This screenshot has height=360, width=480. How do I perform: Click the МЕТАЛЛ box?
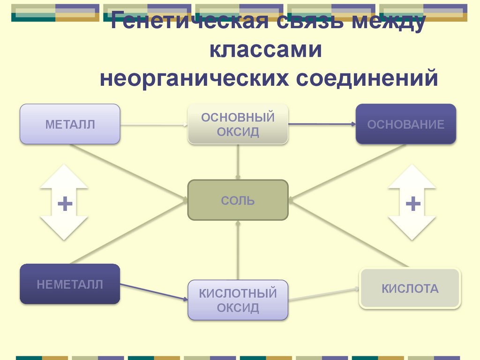click(70, 124)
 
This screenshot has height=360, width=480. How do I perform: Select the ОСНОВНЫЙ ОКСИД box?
click(238, 124)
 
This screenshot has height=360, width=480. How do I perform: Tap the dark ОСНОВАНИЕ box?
click(405, 124)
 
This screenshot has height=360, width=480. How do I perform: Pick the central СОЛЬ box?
click(238, 201)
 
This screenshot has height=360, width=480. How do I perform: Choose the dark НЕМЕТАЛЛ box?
click(70, 284)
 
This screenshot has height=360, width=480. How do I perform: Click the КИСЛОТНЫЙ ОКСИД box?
click(238, 300)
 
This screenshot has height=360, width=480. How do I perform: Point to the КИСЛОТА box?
click(410, 288)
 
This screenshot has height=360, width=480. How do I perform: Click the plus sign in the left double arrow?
click(64, 203)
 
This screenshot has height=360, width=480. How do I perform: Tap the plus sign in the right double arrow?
click(412, 203)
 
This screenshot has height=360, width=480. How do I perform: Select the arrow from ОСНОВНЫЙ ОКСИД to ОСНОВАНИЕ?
click(322, 124)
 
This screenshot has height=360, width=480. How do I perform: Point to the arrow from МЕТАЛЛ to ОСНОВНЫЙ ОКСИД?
click(154, 125)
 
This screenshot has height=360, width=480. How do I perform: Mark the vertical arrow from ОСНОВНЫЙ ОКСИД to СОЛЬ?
click(238, 162)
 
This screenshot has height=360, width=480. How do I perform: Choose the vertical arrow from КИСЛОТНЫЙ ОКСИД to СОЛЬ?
click(238, 250)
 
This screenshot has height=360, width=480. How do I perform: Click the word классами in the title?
click(266, 50)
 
